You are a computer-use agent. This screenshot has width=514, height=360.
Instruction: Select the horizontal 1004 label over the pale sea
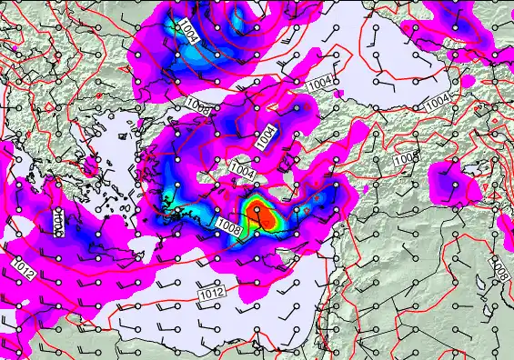click(x=319, y=84)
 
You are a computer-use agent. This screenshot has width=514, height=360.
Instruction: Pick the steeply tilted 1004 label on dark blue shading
click(x=265, y=136)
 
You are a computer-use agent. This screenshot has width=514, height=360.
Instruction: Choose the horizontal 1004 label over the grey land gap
click(x=241, y=170)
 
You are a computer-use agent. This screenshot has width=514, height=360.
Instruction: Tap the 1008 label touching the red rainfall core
click(x=228, y=225)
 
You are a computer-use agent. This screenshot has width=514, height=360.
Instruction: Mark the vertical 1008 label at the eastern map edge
click(x=499, y=270)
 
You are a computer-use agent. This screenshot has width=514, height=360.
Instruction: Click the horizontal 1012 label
click(x=210, y=293)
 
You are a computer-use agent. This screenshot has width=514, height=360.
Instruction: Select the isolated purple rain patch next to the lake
click(x=451, y=178)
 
